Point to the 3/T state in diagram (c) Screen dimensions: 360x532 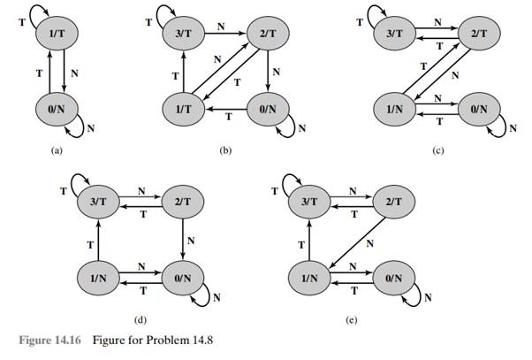[389, 35]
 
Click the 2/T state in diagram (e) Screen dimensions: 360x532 [391, 201]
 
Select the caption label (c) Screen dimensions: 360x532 [438, 152]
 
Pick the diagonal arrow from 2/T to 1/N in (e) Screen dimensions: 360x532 [351, 238]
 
